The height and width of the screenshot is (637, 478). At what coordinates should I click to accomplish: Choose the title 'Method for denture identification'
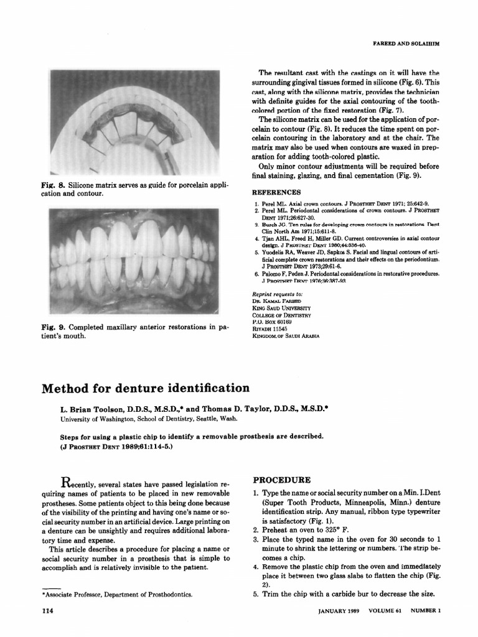[145, 389]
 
